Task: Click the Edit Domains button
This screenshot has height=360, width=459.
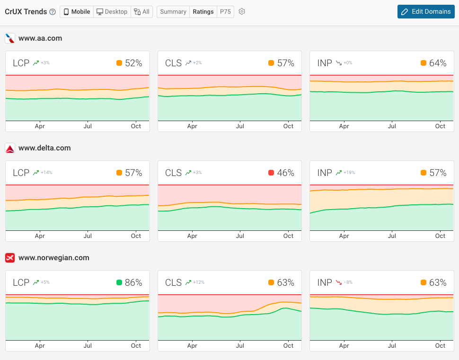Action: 426,12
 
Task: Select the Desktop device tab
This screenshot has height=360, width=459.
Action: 112,12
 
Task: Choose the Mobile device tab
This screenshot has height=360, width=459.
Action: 77,12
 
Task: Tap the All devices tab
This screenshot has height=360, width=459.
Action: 141,12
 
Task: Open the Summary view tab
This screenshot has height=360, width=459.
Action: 173,12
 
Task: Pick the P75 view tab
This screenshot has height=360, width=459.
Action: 225,12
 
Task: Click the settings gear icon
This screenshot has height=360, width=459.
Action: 242,12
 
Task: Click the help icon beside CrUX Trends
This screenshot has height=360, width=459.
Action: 53,12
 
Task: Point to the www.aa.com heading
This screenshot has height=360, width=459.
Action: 40,38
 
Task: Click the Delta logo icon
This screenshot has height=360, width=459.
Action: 10,149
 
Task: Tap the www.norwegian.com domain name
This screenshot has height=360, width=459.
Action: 53,258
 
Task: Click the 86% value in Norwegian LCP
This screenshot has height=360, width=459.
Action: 133,282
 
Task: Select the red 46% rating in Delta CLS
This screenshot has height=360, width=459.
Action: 285,173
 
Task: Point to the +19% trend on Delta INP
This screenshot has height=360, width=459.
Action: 350,173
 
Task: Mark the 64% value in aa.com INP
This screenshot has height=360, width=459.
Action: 438,63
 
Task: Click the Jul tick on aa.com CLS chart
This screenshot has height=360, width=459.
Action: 240,126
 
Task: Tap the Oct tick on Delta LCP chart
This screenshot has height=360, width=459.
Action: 136,236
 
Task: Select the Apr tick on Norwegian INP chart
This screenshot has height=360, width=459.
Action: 344,346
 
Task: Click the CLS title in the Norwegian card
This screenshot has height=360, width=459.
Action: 173,282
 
